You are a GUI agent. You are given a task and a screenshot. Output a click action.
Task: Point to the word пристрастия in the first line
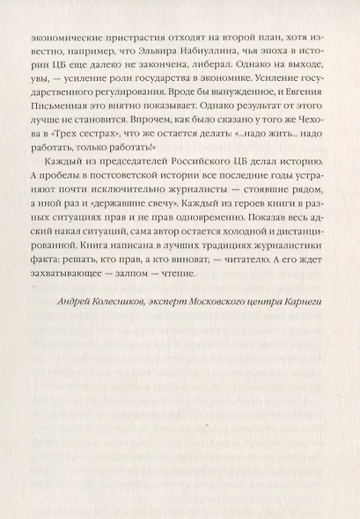coord(117,40)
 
